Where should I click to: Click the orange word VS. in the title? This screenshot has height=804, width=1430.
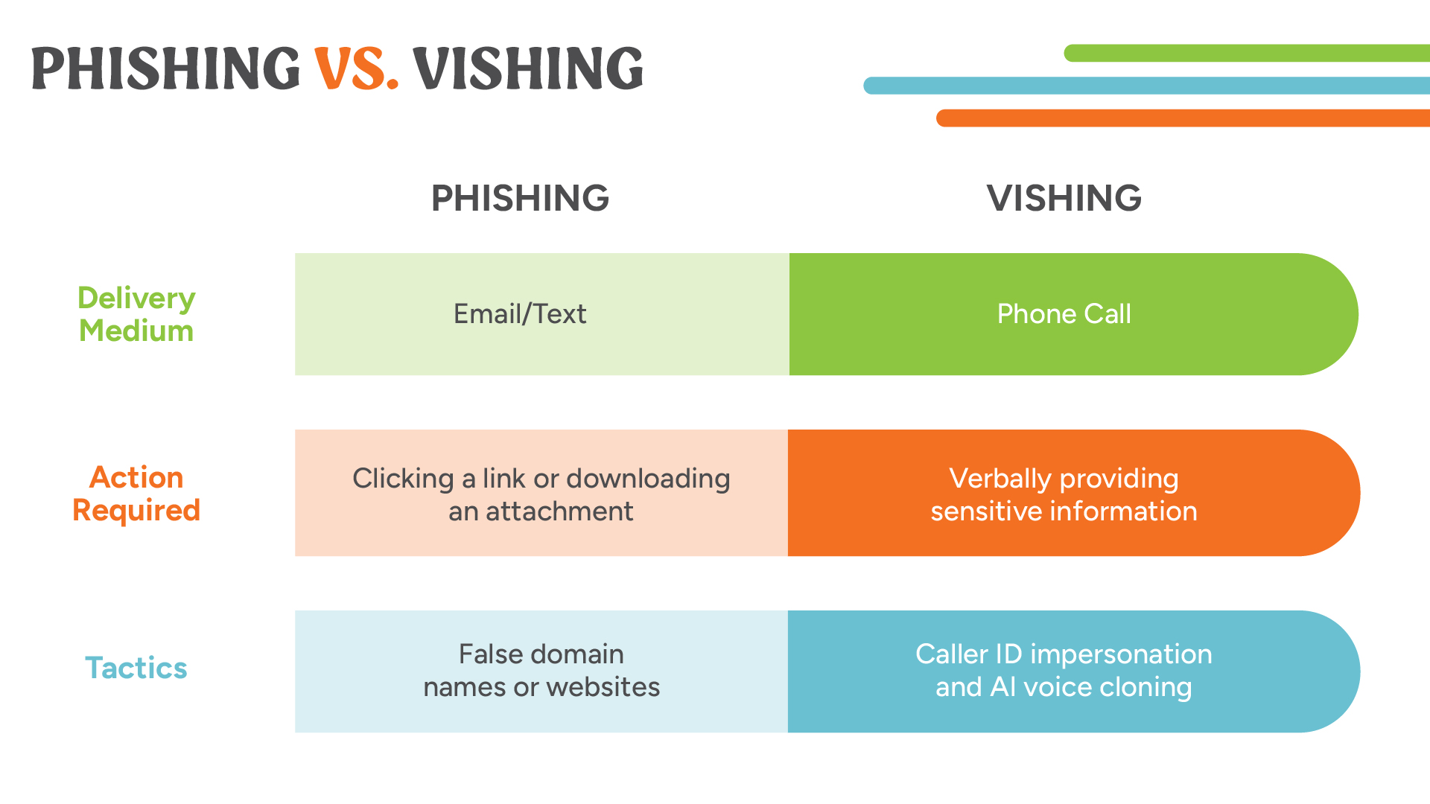(x=356, y=68)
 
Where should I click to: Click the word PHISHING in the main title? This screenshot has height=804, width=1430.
(x=165, y=68)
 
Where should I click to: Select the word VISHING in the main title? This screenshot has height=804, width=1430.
(x=528, y=68)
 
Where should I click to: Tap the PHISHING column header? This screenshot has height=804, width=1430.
(x=520, y=198)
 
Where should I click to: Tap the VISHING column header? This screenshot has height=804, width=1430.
(x=1064, y=198)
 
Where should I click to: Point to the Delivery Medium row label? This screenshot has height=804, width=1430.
(x=136, y=314)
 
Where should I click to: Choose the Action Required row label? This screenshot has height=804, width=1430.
(x=136, y=494)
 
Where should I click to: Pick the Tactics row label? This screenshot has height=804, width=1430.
(x=136, y=668)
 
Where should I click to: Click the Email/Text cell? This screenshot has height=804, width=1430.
(x=520, y=314)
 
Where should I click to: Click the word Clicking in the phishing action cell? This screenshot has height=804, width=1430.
(x=403, y=479)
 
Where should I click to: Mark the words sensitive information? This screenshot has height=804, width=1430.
(x=1064, y=511)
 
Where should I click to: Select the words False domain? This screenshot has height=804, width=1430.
(x=541, y=654)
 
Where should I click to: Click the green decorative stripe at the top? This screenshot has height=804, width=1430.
(x=1247, y=53)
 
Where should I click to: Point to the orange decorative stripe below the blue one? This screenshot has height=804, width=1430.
(x=1183, y=118)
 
